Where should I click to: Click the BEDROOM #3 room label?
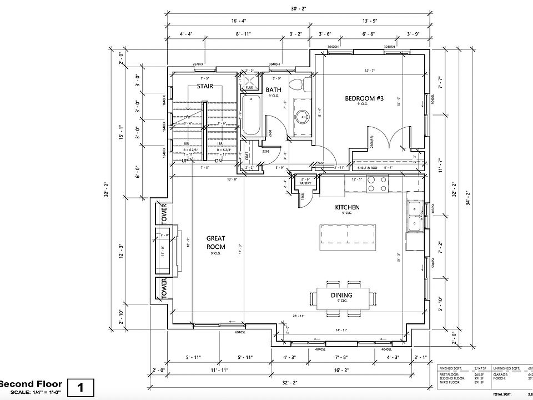coord(364,99)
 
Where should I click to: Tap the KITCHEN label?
coord(347,208)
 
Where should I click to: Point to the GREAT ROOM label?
coord(215,242)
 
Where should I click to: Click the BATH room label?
coord(274,90)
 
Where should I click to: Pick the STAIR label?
coord(206,87)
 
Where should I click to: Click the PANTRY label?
coord(305,183)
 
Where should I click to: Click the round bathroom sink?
coord(303,116)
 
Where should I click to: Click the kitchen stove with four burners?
coord(378,184)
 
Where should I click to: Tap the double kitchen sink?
coord(415,216)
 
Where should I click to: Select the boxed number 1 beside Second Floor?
coord(81,387)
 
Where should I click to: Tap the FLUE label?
coord(249,88)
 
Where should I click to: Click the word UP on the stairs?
coord(185,161)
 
